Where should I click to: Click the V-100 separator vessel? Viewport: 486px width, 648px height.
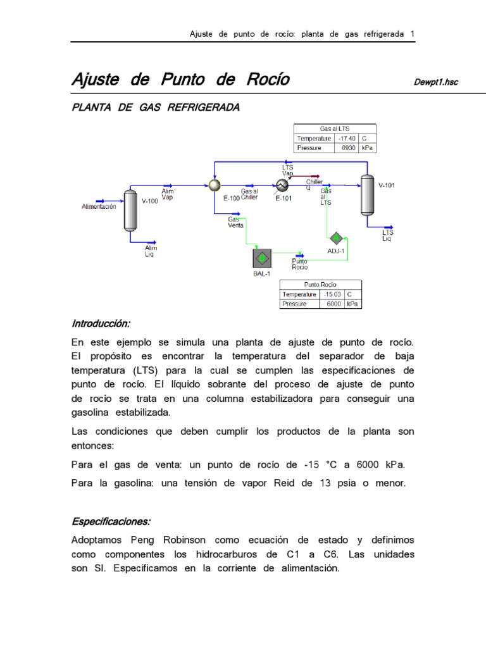[131, 209]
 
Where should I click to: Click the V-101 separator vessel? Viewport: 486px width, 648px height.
[366, 194]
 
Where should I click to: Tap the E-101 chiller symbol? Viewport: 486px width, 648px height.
[283, 185]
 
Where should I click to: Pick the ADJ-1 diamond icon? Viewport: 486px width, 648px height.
[336, 238]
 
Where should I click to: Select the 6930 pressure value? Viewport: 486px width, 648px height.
[348, 147]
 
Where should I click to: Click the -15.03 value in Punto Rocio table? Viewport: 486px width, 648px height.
[332, 294]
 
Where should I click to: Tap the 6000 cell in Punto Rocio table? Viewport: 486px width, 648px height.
[333, 304]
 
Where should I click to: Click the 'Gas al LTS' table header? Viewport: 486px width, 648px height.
[335, 128]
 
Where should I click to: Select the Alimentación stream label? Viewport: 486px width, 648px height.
[99, 207]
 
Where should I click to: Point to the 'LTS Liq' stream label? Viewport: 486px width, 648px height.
[387, 235]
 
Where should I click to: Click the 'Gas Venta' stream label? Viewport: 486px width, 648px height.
[235, 221]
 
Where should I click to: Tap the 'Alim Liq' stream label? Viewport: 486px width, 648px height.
[151, 251]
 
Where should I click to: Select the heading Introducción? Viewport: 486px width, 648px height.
[101, 323]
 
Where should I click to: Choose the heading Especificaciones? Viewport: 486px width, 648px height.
[111, 522]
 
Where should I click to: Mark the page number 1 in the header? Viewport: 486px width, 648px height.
[412, 34]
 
